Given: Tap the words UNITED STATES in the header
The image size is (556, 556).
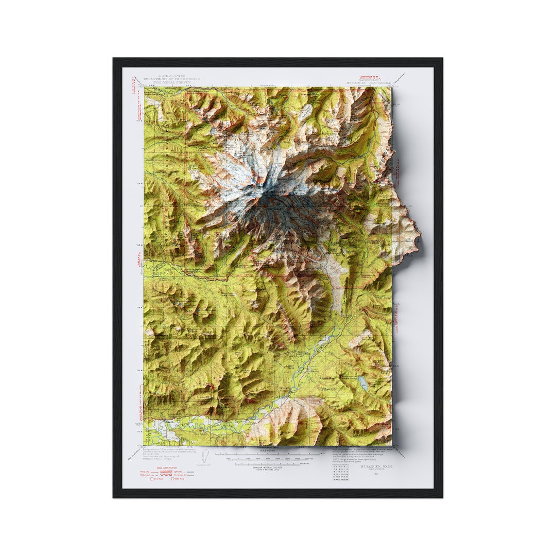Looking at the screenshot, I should pos(171,75).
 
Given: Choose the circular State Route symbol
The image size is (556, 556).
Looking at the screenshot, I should pos(173,479).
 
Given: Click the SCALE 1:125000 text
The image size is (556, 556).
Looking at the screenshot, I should pos(268,451).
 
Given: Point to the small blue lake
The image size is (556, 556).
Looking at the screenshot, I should pos(362,381).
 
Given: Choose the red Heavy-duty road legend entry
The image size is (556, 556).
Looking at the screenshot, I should pos(147,471).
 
